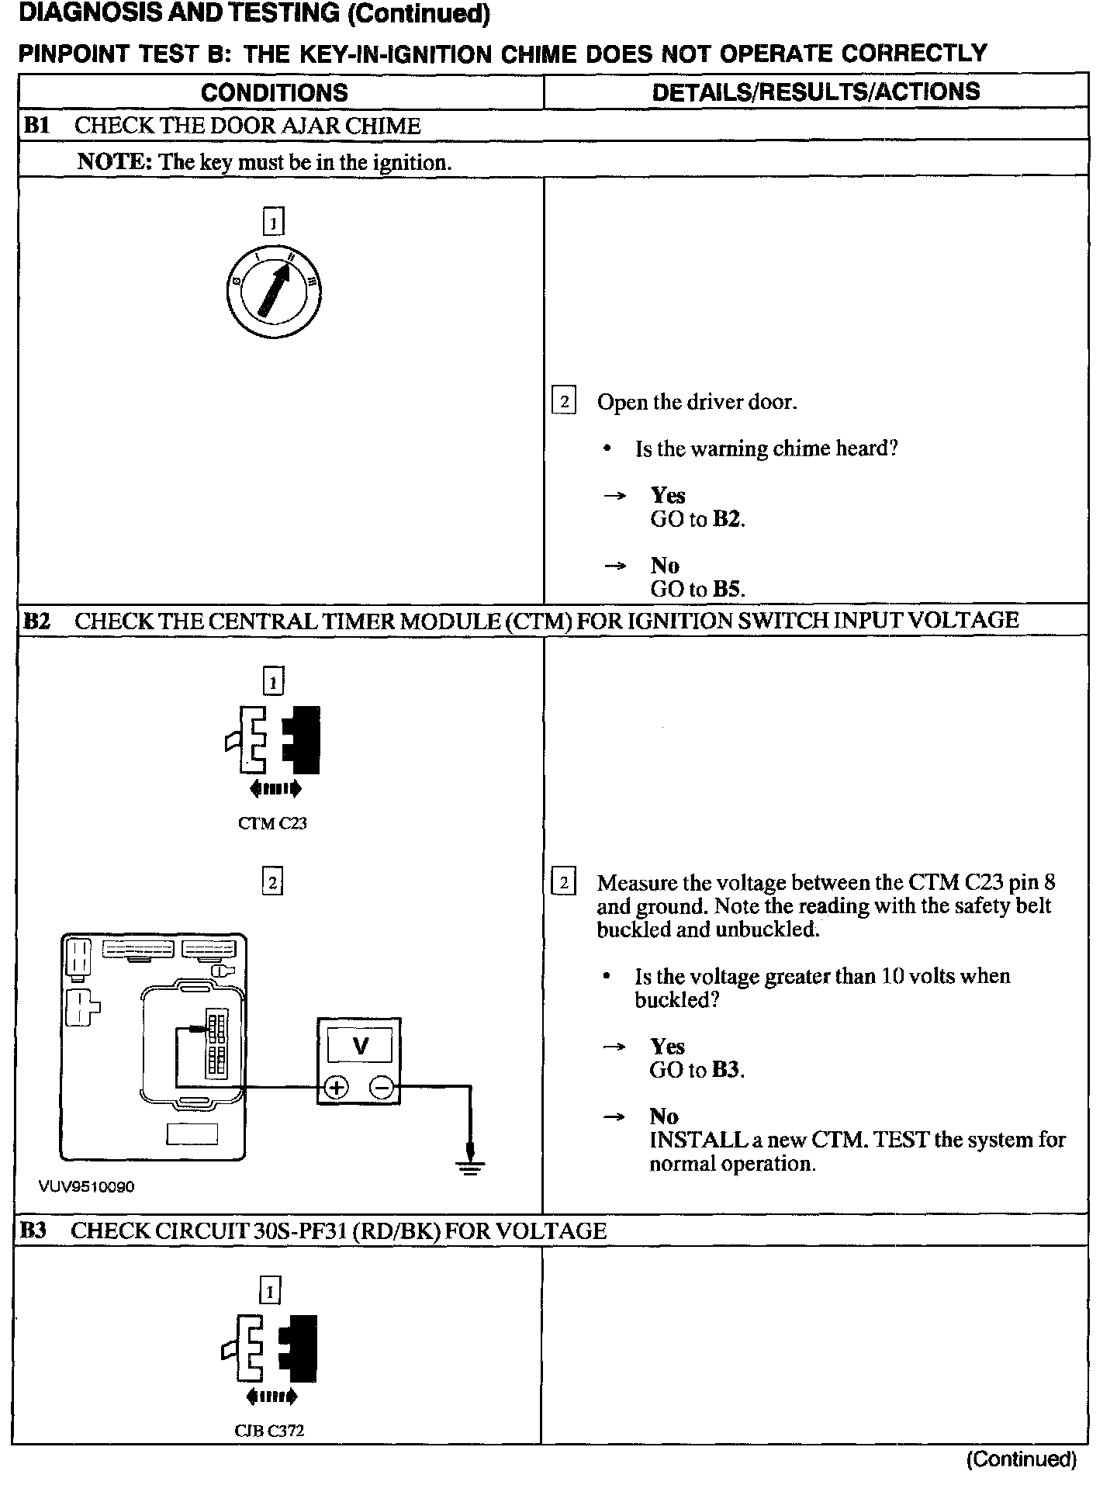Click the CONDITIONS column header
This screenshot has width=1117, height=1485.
tap(274, 93)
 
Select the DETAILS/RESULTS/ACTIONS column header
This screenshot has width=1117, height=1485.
tap(815, 92)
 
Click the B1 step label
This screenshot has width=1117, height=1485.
tap(36, 126)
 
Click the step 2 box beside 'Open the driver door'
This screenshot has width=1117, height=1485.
tap(563, 401)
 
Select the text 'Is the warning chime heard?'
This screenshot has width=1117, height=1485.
tap(766, 448)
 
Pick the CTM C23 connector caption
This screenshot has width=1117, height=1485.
tap(272, 823)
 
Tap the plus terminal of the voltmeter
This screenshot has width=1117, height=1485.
tap(336, 1088)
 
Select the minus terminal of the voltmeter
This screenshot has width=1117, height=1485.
tap(382, 1088)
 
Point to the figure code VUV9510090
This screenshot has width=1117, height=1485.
tap(86, 1187)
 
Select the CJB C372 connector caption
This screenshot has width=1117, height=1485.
tap(269, 1431)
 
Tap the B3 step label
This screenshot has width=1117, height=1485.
tap(34, 1231)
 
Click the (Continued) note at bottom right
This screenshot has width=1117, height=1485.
tap(1021, 1459)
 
